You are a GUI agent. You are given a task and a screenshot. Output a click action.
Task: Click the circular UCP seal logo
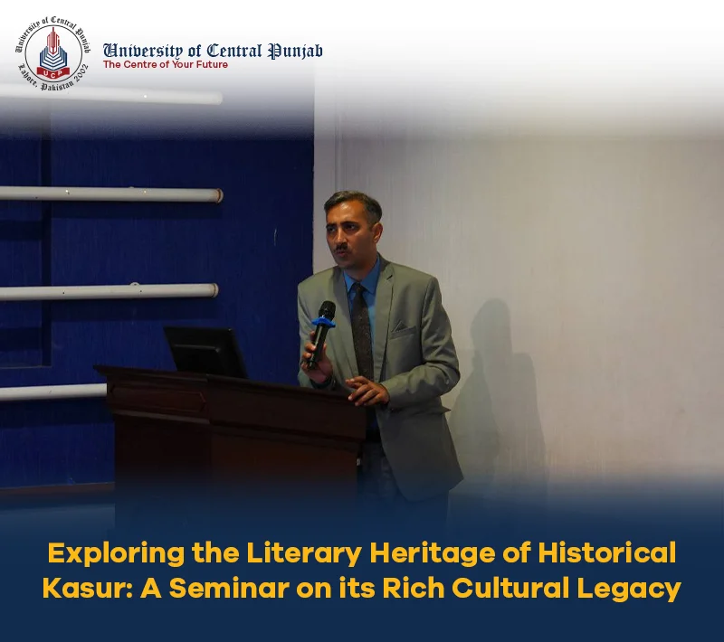(x=52, y=54)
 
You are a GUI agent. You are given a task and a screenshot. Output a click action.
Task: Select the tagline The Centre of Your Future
(x=166, y=64)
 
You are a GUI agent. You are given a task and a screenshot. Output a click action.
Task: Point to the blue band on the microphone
(x=324, y=322)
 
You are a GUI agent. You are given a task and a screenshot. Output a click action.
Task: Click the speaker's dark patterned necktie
(x=362, y=330)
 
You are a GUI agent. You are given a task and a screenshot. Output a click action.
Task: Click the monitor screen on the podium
(x=205, y=352)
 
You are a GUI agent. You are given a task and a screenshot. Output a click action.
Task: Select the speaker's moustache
(x=342, y=248)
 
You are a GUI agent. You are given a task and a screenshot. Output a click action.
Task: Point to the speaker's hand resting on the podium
(x=367, y=391)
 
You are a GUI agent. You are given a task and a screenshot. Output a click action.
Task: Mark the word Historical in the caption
(x=606, y=552)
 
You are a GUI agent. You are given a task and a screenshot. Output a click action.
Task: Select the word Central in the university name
(x=234, y=51)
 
